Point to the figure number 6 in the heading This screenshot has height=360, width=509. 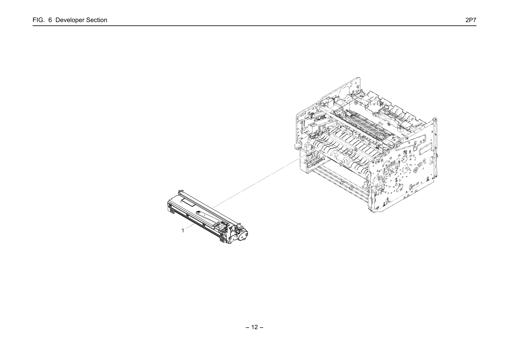50,20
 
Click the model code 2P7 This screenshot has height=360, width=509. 471,20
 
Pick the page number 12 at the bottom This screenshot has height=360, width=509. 254,327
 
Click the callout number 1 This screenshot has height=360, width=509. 183,231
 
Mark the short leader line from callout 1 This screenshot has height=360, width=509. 190,226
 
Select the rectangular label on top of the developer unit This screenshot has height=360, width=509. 188,202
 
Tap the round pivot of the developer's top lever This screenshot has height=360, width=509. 197,213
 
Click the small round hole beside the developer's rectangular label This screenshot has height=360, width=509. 180,201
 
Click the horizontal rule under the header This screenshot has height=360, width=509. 254,26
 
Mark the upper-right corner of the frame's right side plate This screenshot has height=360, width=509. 435,118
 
